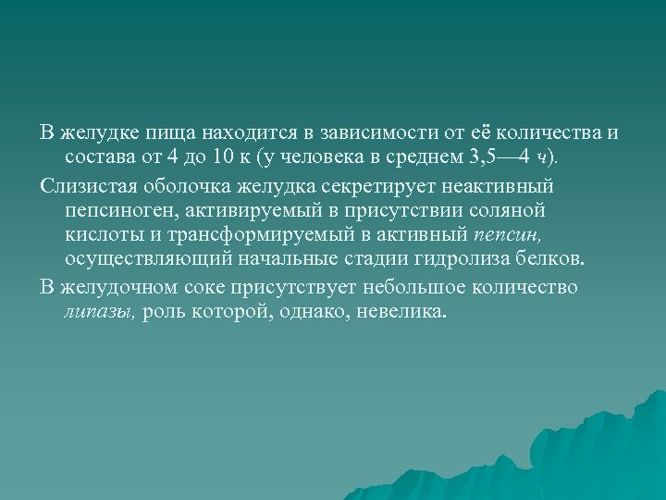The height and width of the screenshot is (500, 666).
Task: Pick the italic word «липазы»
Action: [x=100, y=313]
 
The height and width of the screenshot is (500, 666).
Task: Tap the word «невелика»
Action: [x=404, y=313]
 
